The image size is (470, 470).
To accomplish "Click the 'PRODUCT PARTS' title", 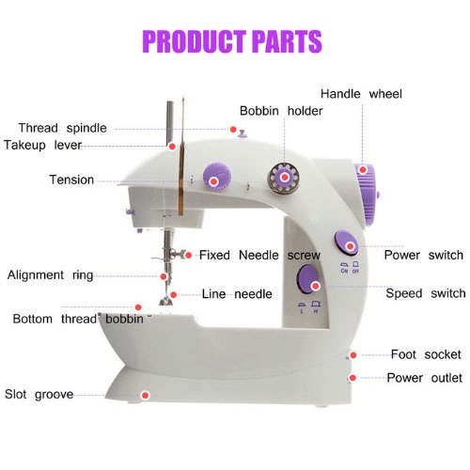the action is (232, 41).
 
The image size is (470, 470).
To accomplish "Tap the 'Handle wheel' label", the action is (361, 94).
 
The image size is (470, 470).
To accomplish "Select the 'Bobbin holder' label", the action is (281, 111).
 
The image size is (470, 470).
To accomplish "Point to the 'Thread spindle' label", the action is (63, 128).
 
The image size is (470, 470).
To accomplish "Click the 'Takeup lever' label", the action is (42, 146).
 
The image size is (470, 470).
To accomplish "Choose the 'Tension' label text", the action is (71, 180).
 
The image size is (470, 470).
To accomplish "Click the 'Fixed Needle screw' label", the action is (259, 255).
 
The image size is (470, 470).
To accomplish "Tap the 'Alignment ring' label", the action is (50, 275).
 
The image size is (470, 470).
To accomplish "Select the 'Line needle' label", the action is (237, 294).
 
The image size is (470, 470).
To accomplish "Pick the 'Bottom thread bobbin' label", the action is (78, 319).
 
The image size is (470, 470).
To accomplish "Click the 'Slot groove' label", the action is (39, 395).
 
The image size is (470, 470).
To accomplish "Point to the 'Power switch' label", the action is (424, 255).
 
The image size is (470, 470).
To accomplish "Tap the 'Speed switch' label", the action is (426, 293).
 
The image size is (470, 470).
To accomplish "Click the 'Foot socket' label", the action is (426, 354).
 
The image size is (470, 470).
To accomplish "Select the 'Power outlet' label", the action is (424, 378).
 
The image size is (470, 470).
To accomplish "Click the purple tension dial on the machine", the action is (217, 177).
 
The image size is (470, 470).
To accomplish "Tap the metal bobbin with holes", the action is (284, 178).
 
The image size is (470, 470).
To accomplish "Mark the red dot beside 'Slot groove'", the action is (145, 396).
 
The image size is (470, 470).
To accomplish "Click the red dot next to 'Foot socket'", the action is (353, 355).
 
